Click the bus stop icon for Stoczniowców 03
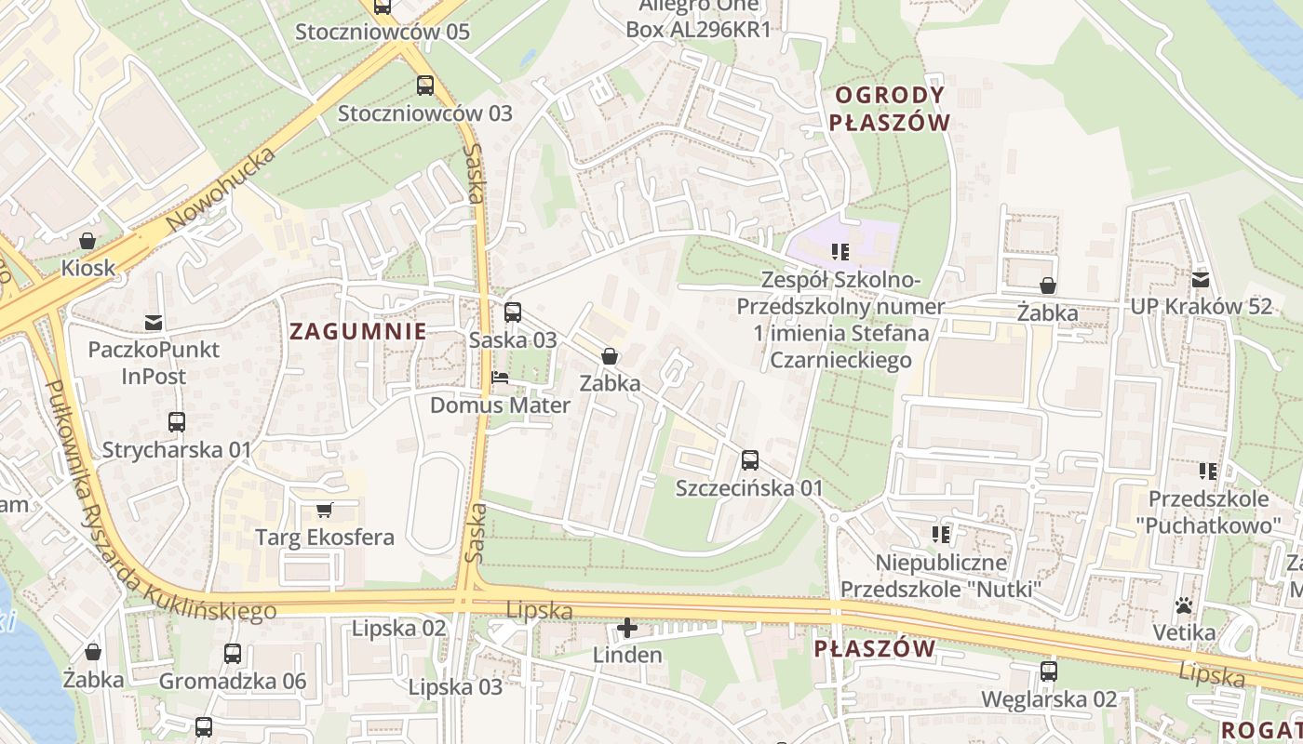coord(425,86)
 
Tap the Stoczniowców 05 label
coord(383,32)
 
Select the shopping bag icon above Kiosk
coord(87,241)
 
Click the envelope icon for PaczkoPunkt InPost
coord(154,323)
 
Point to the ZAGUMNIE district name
coord(357,331)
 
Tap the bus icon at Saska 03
coord(513,312)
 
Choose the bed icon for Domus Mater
coord(500,379)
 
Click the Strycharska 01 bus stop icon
coord(177,422)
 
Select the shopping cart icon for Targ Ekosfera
coord(325,510)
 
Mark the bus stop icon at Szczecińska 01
coord(750,460)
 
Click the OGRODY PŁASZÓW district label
coord(890,109)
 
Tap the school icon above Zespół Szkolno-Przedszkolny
coord(840,252)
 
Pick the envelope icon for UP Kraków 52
coord(1201,279)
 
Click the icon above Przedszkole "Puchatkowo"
coord(1208,472)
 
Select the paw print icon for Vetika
coord(1184,605)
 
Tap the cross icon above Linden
coord(628,628)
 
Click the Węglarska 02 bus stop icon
coord(1049,671)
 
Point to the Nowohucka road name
coord(222,190)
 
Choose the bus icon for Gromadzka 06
coord(233,654)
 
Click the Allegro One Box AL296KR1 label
coord(698,18)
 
